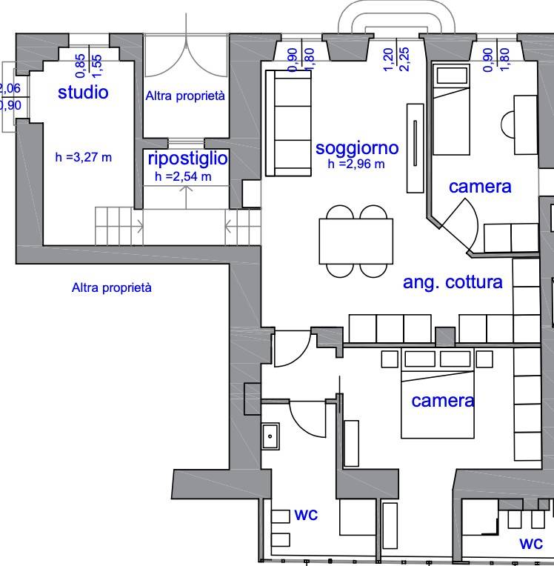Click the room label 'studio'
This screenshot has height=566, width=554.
(83, 93)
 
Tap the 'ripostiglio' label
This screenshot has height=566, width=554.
(187, 159)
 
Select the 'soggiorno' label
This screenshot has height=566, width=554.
(357, 148)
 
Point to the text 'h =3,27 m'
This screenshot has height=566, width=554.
(84, 157)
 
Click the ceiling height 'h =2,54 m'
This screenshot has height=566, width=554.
(183, 176)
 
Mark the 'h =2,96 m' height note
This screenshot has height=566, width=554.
(356, 164)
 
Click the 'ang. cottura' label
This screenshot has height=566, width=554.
(453, 282)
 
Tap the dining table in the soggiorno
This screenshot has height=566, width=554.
(356, 241)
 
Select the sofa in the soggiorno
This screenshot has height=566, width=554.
(288, 123)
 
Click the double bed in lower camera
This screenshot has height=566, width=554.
(438, 393)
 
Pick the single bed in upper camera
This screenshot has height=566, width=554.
(451, 110)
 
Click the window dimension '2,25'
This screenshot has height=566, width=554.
(405, 59)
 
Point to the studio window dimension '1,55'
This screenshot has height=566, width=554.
(97, 66)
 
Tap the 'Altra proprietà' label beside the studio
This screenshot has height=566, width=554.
(185, 96)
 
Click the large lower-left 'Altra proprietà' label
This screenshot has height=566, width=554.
(112, 287)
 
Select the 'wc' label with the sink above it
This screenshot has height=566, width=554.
(306, 515)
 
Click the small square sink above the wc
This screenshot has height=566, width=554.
(270, 436)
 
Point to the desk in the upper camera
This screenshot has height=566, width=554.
(525, 125)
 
